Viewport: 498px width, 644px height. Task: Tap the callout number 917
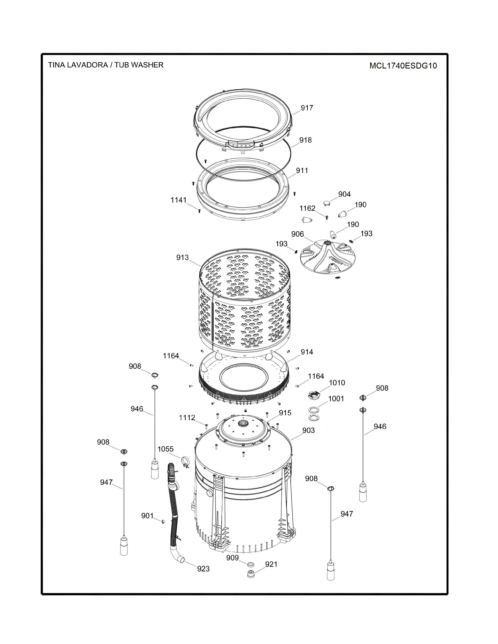(307, 108)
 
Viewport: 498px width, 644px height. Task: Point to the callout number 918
(305, 140)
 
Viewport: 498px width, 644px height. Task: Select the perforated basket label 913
(182, 257)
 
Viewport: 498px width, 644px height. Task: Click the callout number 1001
(336, 399)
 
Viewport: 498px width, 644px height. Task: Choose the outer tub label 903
(308, 430)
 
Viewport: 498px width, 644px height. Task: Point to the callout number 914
(307, 352)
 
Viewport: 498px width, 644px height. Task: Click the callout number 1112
(187, 418)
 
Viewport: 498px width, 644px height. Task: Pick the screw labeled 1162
(327, 217)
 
